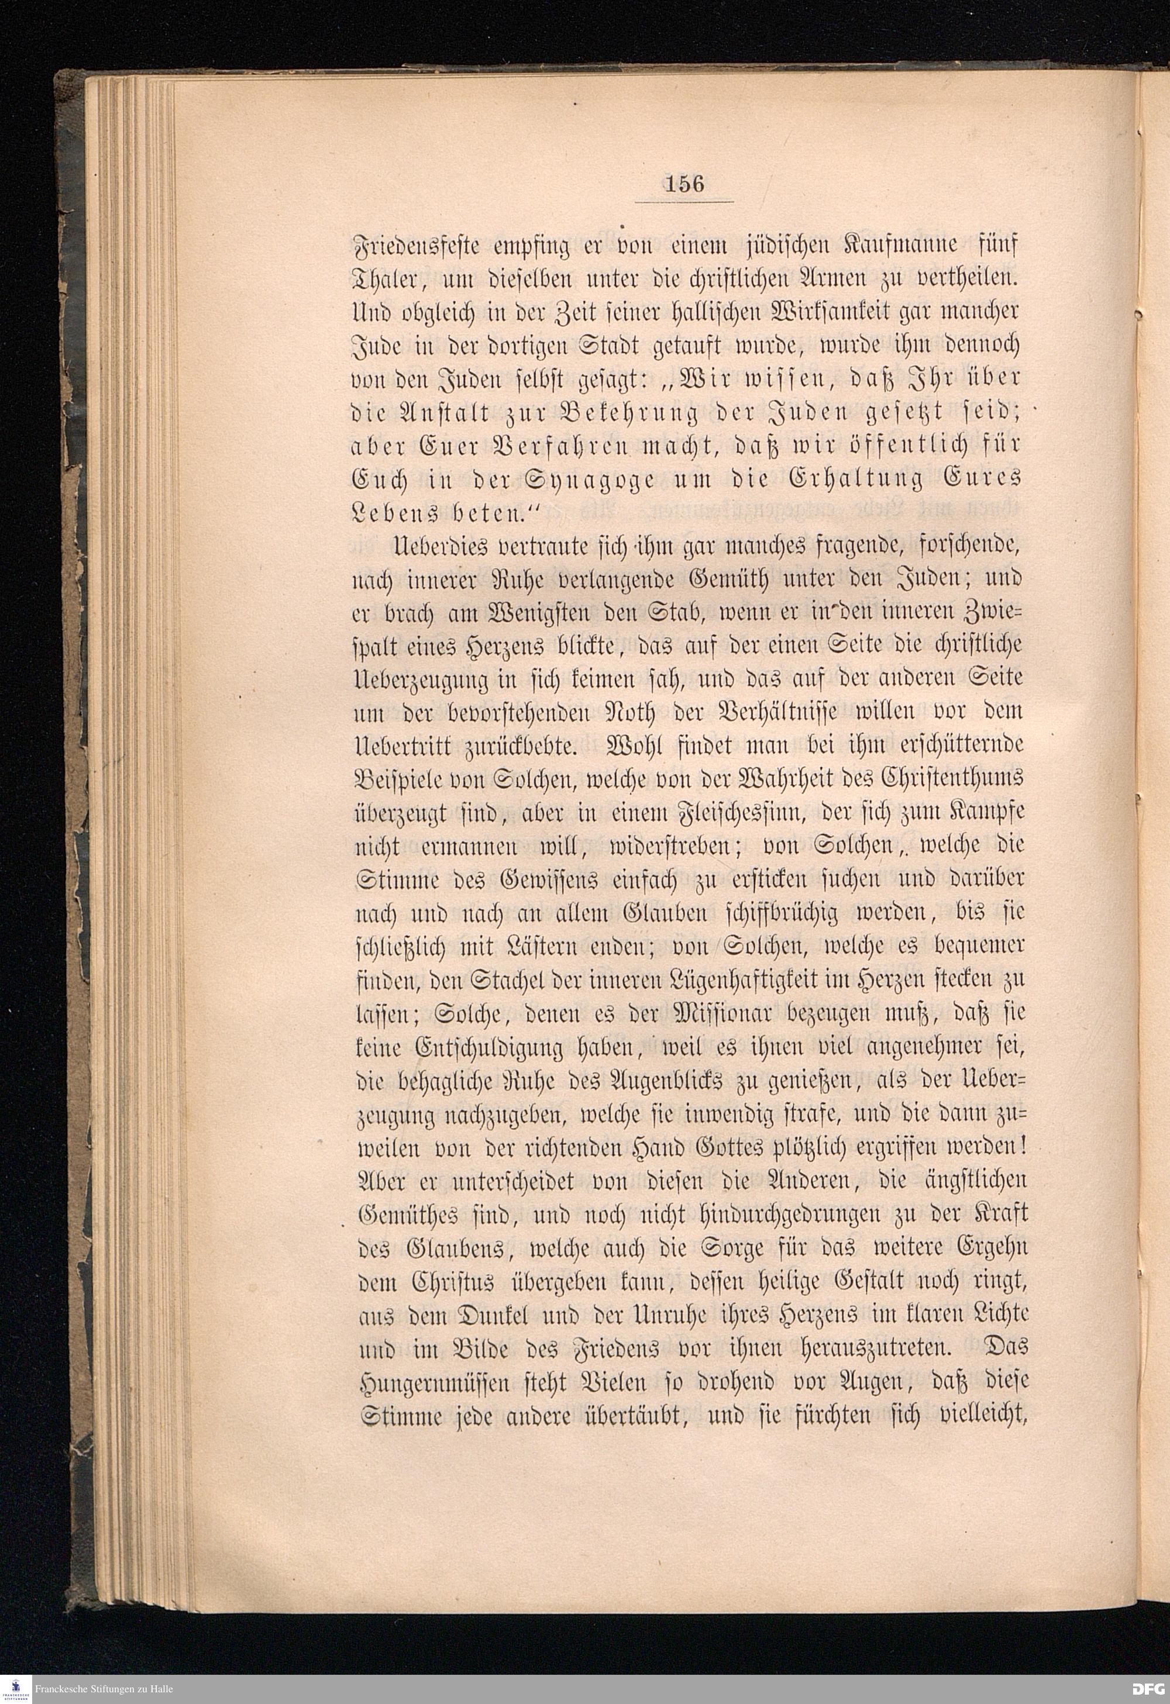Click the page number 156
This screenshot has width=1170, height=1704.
684,182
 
